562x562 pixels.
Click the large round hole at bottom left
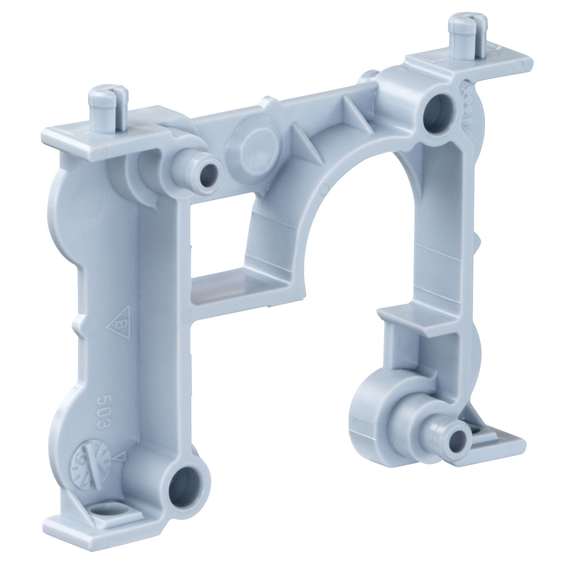pyautogui.click(x=184, y=494)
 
